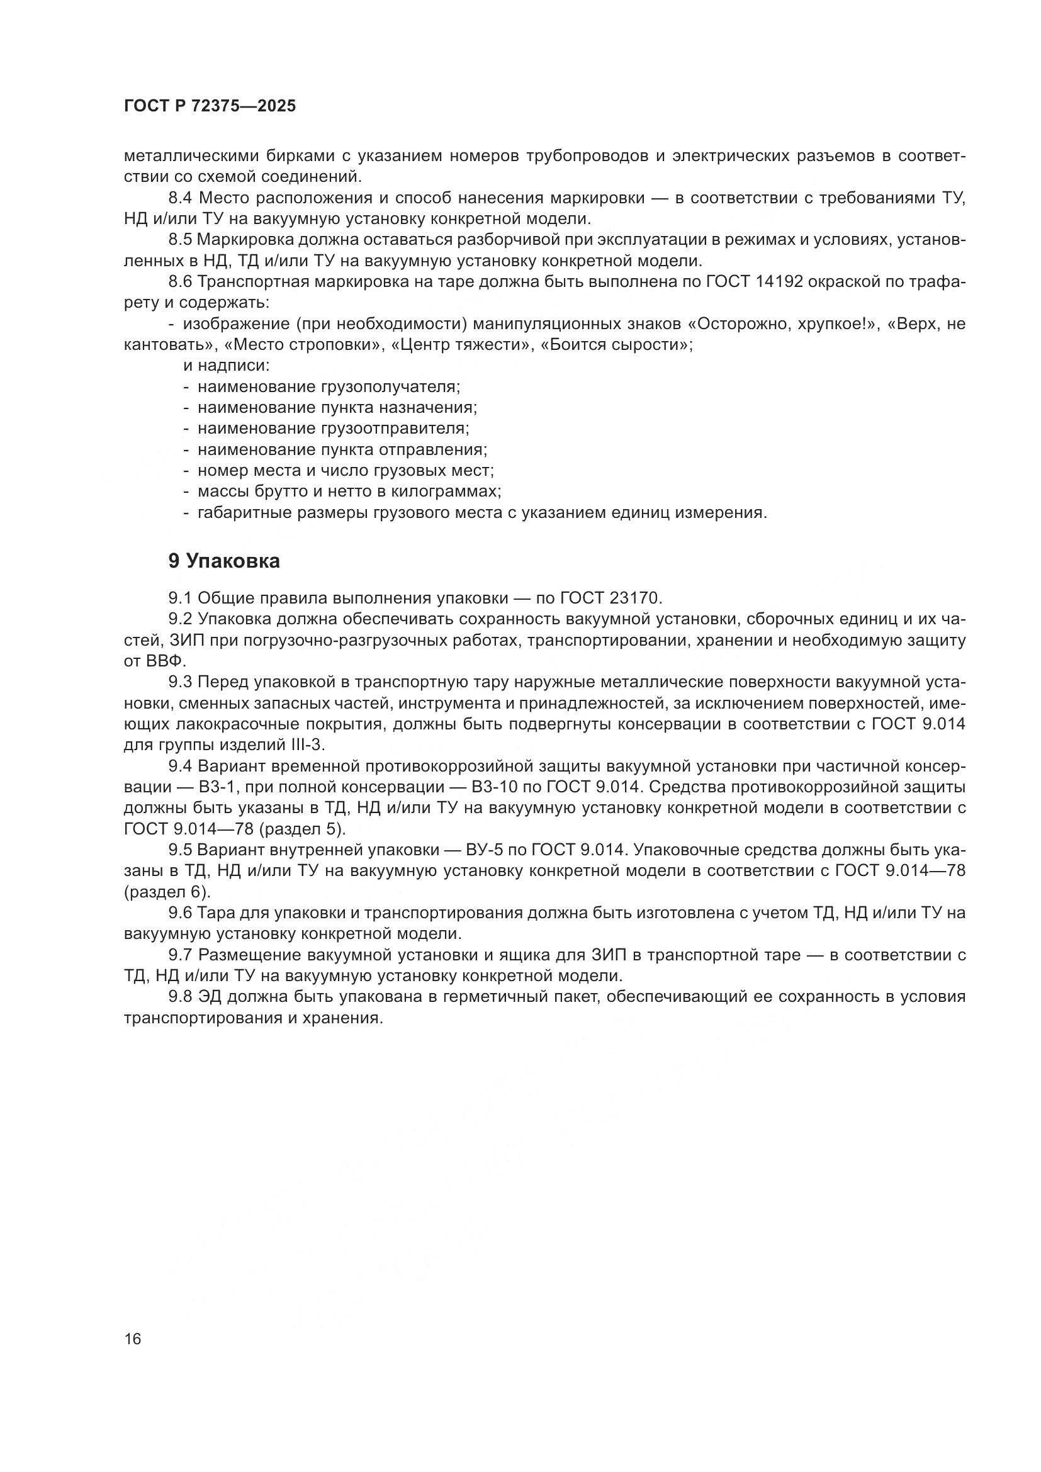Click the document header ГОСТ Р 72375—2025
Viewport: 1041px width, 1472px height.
point(210,106)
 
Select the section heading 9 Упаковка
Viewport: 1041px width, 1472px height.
point(223,561)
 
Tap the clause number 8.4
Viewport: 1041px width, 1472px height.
point(181,198)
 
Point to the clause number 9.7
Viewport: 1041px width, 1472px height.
point(181,955)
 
